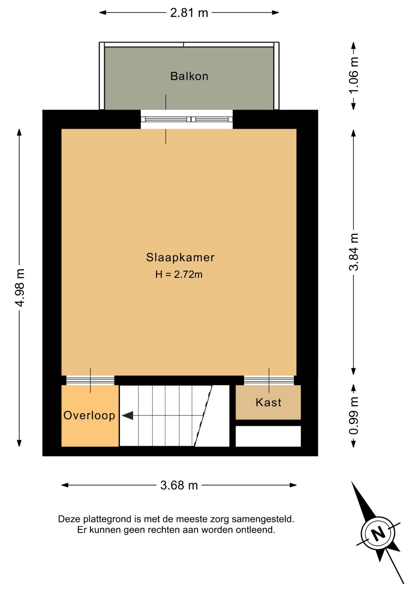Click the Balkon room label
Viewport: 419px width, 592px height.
click(x=189, y=76)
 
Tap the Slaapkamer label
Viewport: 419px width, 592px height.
click(x=180, y=257)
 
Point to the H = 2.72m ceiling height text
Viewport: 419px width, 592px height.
click(x=179, y=274)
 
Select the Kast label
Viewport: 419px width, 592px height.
click(x=268, y=402)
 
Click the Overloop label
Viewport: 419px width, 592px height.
click(x=89, y=416)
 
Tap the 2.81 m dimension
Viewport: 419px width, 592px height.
click(x=189, y=13)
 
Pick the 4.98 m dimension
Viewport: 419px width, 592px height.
click(x=20, y=288)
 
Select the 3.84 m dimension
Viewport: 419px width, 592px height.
click(x=354, y=252)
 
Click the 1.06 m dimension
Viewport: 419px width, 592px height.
click(x=354, y=75)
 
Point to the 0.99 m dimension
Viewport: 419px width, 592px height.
click(x=354, y=416)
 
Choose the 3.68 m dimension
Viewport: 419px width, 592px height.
click(x=179, y=485)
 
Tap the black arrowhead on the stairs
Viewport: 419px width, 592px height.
click(x=127, y=416)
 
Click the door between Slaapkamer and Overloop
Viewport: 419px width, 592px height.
click(x=90, y=380)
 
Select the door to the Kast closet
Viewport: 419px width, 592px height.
click(x=269, y=380)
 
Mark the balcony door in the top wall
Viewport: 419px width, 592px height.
click(x=187, y=119)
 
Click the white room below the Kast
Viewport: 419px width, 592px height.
click(x=268, y=436)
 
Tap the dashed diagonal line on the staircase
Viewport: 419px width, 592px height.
click(x=203, y=416)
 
